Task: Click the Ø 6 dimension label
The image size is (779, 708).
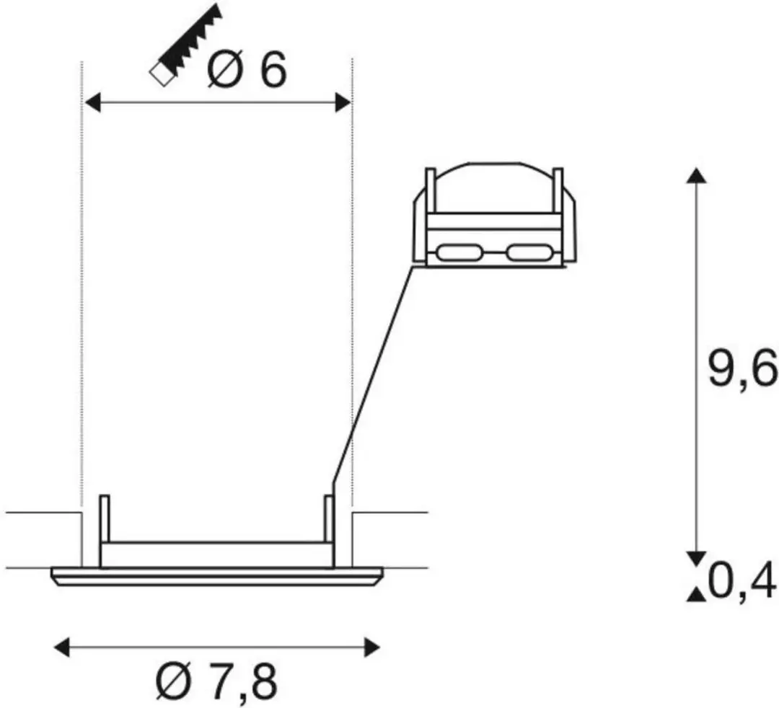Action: tap(247, 69)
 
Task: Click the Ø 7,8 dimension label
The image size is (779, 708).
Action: tap(216, 681)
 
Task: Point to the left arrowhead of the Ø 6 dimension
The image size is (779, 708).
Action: tap(93, 102)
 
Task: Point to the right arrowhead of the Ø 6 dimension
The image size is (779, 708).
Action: tap(343, 102)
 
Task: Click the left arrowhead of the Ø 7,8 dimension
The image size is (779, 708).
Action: tap(61, 647)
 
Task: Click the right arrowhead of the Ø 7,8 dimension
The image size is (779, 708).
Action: tap(372, 647)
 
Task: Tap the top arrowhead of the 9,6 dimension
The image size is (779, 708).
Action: tap(697, 176)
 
